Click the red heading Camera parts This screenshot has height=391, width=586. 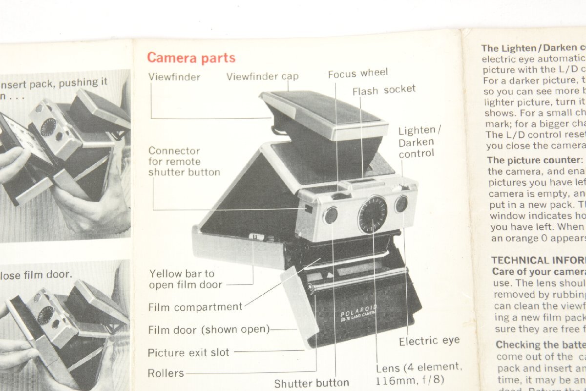pyautogui.click(x=191, y=58)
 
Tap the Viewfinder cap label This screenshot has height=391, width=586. pyautogui.click(x=262, y=76)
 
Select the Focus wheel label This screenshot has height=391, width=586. pyautogui.click(x=357, y=73)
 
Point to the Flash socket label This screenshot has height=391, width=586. pyautogui.click(x=384, y=90)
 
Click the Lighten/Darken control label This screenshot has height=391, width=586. pyautogui.click(x=416, y=142)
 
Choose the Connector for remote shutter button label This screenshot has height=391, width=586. pyautogui.click(x=184, y=161)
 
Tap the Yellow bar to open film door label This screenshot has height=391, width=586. pyautogui.click(x=186, y=279)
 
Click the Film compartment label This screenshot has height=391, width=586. pyautogui.click(x=195, y=307)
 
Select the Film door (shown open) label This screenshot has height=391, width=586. pyautogui.click(x=209, y=330)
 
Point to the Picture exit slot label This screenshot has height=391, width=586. pyautogui.click(x=188, y=352)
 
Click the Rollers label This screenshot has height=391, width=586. pyautogui.click(x=166, y=373)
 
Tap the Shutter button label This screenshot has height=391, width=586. pyautogui.click(x=311, y=383)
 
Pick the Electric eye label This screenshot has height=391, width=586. pyautogui.click(x=429, y=341)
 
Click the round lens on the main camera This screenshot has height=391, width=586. pyautogui.click(x=373, y=214)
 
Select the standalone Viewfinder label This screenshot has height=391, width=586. pyautogui.click(x=174, y=77)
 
